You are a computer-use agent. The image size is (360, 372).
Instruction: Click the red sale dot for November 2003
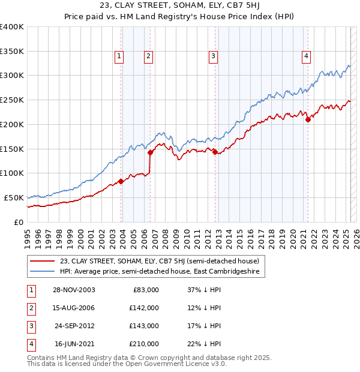[121, 181]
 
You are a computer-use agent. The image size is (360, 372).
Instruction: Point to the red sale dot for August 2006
[150, 152]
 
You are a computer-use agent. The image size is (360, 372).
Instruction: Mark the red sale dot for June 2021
[308, 119]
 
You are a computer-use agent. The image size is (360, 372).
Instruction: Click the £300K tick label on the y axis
[11, 76]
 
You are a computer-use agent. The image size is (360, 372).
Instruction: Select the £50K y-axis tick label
[14, 197]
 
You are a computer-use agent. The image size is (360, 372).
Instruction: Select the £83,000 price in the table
[145, 290]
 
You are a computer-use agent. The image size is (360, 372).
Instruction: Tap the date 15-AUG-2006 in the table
[74, 308]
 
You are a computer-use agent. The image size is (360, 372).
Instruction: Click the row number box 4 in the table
[29, 344]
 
